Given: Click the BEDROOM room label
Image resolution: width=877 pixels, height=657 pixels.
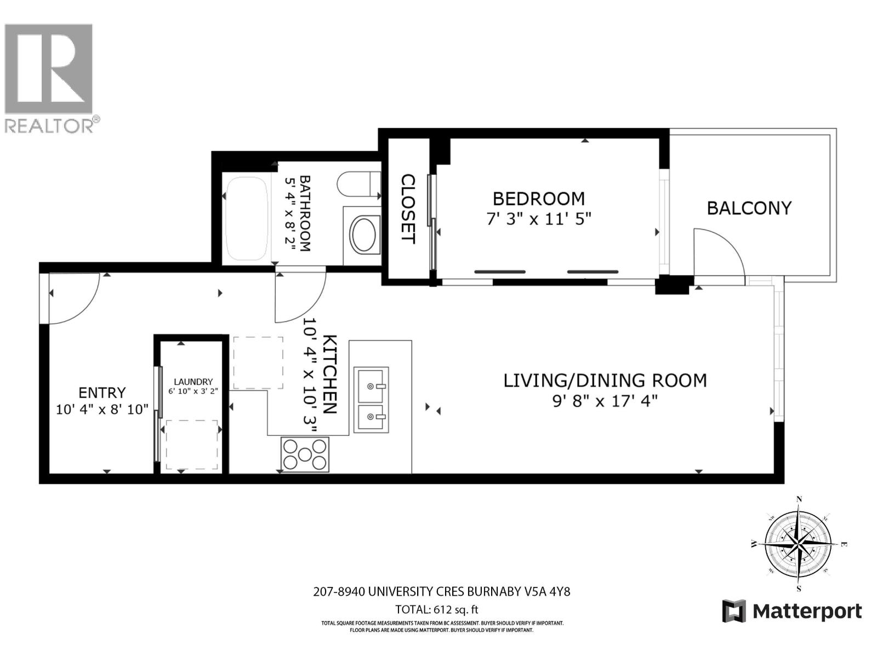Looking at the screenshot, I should point(538,198).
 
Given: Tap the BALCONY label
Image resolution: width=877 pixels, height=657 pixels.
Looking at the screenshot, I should point(749,208).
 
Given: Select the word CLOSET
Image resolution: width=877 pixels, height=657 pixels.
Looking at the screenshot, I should point(407,209).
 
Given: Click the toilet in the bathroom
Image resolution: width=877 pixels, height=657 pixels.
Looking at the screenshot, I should point(360,185).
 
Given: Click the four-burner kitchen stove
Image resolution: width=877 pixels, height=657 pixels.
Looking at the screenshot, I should point(305,454).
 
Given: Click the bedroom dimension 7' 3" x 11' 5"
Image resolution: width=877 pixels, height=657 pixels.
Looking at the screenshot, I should point(539,220).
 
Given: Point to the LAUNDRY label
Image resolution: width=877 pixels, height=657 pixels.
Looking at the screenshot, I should point(193,382).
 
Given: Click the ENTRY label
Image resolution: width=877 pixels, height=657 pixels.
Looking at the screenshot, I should point(102,393).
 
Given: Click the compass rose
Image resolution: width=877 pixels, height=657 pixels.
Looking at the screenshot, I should point(798,543).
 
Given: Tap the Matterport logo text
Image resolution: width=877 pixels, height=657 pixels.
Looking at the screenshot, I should point(807,611).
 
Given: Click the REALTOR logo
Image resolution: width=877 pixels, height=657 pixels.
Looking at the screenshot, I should point(49,77).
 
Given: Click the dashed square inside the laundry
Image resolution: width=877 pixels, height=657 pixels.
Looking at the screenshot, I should point(192,445).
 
